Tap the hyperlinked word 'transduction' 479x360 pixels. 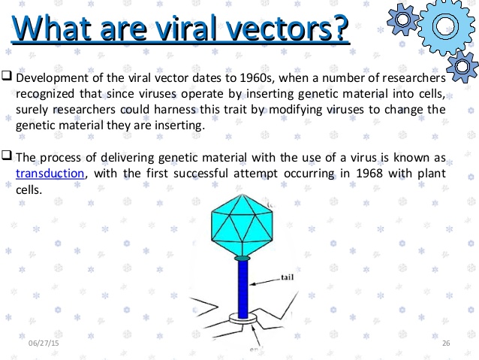tap(50, 174)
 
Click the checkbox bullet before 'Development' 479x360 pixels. tap(7, 77)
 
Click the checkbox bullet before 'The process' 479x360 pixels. tap(7, 157)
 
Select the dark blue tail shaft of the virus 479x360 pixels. tap(242, 289)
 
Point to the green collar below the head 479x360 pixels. tap(241, 259)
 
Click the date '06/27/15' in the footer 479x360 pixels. tap(43, 343)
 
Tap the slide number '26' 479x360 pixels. tap(446, 343)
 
